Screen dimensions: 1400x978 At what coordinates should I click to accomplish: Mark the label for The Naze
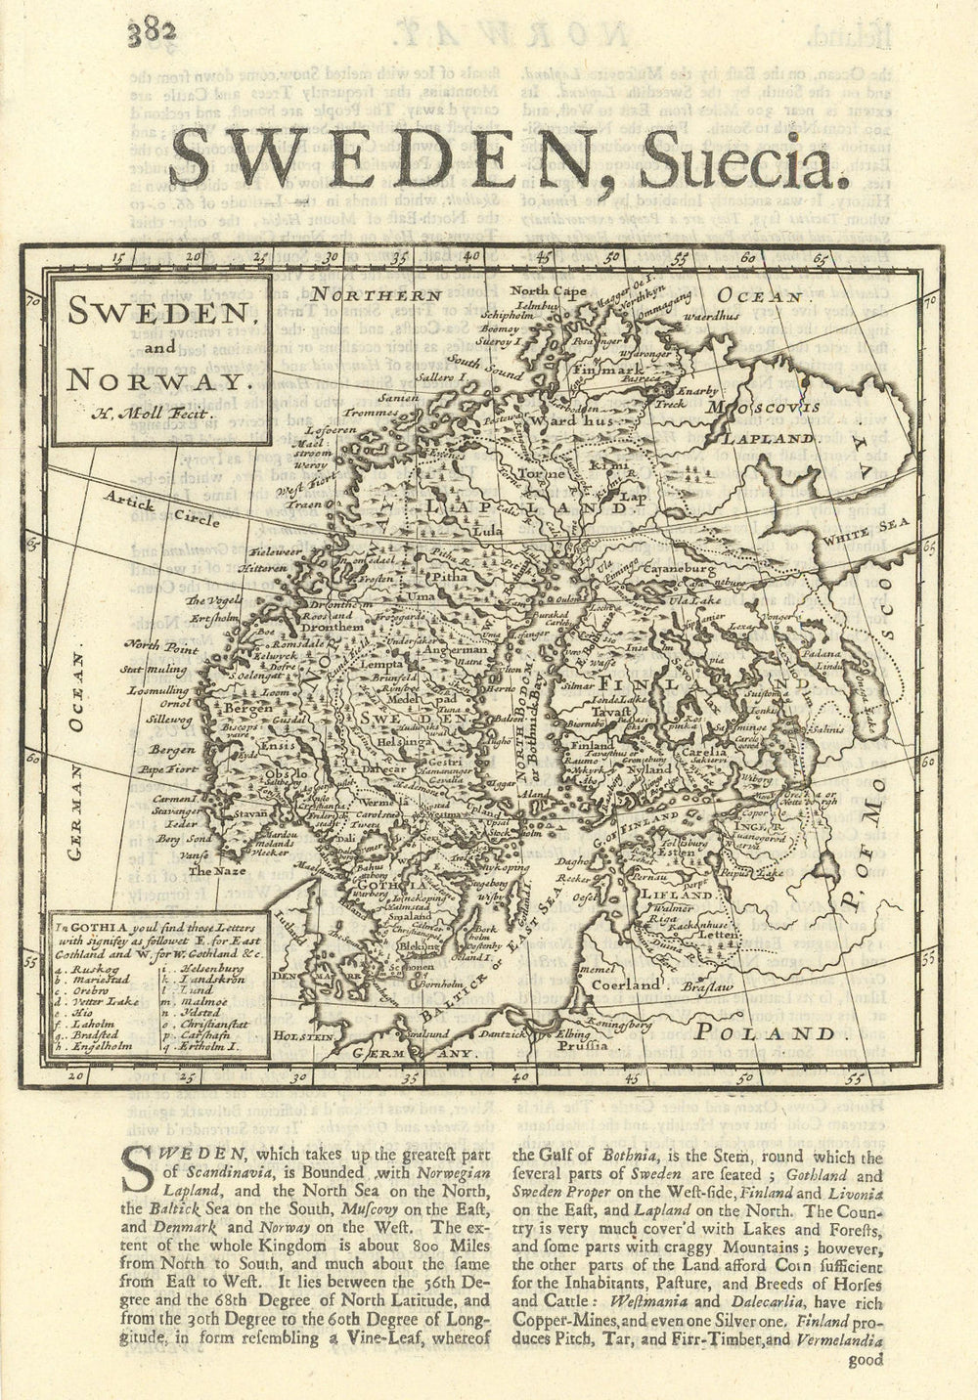213,870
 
